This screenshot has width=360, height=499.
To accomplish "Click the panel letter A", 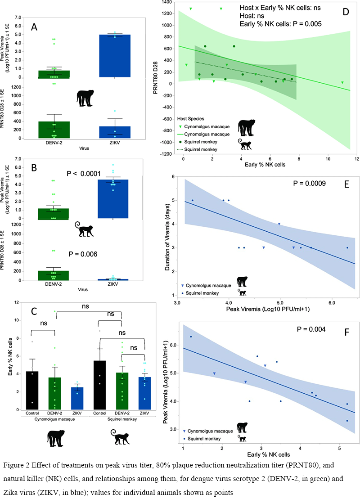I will tap(34, 27).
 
